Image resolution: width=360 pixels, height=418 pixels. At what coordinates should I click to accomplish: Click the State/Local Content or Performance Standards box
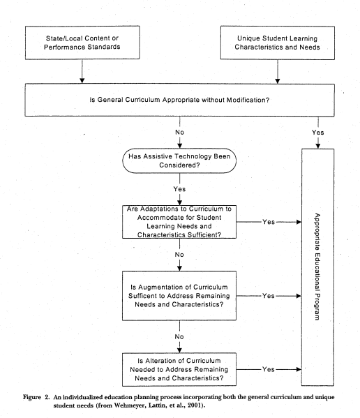point(82,43)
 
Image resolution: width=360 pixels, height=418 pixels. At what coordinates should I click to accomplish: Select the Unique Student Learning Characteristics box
point(278,43)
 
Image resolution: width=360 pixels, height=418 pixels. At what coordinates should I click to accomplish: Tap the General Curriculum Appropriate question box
point(179,100)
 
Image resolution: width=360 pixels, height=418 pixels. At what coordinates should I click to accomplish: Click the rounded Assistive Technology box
point(179,161)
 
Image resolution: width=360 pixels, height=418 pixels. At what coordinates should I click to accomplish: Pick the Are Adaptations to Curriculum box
point(179,222)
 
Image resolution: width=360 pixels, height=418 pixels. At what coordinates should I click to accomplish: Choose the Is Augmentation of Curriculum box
point(179,296)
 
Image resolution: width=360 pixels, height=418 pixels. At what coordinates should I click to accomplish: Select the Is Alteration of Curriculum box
point(179,369)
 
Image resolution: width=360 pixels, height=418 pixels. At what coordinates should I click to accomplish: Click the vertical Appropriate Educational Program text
point(317,267)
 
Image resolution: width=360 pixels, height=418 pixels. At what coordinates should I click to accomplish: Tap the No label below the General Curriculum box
point(179,132)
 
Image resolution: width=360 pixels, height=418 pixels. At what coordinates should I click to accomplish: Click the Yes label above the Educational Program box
point(318,133)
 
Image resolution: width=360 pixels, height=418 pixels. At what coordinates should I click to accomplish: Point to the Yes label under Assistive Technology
point(179,189)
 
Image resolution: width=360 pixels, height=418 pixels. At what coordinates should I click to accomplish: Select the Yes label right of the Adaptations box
point(269,222)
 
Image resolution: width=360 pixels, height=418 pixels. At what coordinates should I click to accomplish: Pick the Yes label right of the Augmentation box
point(269,296)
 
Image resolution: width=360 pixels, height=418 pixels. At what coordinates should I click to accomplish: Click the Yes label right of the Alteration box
point(269,369)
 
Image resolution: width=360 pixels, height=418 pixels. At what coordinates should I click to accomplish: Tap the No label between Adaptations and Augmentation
point(179,255)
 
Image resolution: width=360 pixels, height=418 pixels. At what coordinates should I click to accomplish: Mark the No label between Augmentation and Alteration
point(179,336)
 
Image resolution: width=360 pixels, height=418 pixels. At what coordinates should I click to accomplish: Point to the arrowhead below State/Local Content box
point(82,81)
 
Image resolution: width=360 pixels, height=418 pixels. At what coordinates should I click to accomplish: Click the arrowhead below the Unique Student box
point(278,81)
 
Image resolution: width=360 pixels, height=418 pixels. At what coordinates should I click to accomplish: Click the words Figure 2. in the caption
point(36,397)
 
